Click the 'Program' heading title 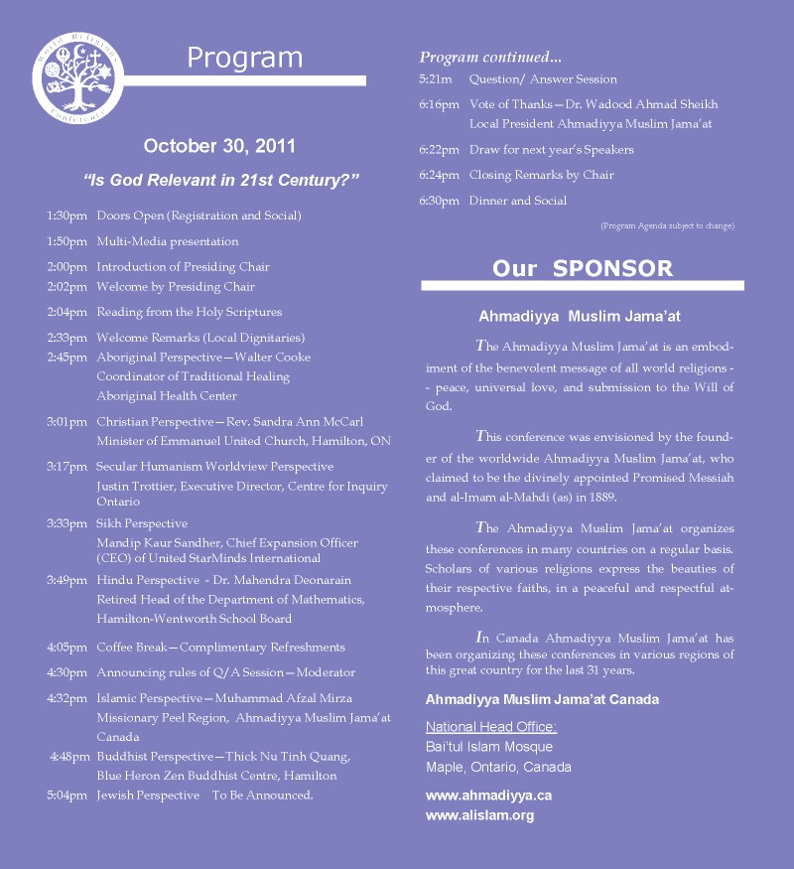[244, 58]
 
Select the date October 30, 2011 [219, 146]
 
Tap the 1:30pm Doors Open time [66, 216]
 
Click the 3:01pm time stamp [66, 422]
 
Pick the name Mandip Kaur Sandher [160, 543]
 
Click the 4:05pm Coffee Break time [66, 647]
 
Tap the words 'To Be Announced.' [263, 796]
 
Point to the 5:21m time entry [436, 79]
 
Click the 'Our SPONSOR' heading [582, 268]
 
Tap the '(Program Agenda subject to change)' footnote [667, 226]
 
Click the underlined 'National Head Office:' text [491, 727]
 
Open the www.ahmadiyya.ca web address [488, 796]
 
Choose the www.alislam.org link [479, 815]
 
